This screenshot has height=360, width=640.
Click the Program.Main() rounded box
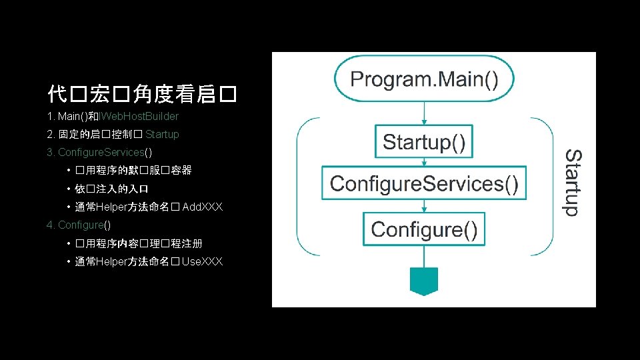[424, 80]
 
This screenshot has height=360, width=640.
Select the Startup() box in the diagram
[424, 142]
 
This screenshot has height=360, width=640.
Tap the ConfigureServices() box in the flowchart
[424, 183]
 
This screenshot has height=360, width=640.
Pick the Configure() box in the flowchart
[424, 229]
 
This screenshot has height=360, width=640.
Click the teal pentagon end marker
[423, 280]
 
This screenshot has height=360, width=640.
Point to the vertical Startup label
[573, 182]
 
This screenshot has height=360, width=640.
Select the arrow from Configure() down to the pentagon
[424, 256]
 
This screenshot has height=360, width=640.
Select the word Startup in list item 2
[162, 135]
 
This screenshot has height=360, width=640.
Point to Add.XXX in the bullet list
[202, 207]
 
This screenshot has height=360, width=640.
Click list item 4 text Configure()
[84, 225]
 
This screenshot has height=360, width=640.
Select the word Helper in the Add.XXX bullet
[112, 207]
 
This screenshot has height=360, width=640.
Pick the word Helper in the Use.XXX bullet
[112, 261]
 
